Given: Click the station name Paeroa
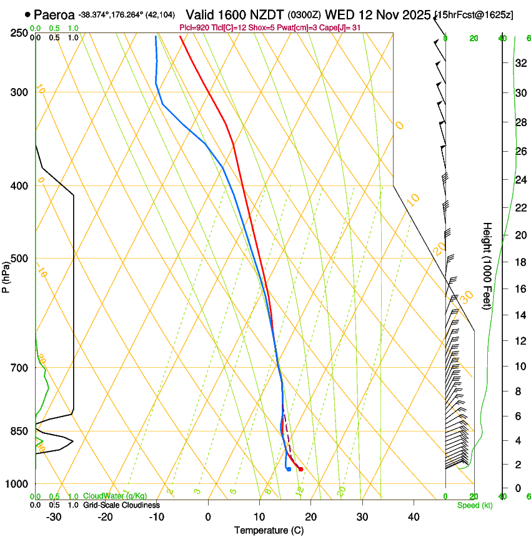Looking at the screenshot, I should coord(54,14).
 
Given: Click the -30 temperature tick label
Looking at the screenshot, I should coord(54,517).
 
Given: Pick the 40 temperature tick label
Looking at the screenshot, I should coord(413,517).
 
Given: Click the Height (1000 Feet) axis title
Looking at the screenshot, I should coord(487,266).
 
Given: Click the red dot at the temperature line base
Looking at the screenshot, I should coord(300,469).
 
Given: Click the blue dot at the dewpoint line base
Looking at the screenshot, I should coord(289,469).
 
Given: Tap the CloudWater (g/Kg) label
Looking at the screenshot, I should coord(115,496).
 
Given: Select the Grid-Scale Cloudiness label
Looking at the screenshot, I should coord(121,505).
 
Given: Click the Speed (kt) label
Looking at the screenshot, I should coord(474,505).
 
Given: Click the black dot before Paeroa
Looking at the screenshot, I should coord(27,14).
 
